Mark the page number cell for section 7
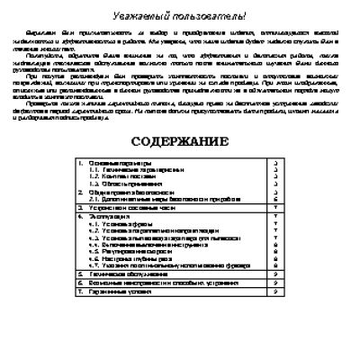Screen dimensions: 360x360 273,290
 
